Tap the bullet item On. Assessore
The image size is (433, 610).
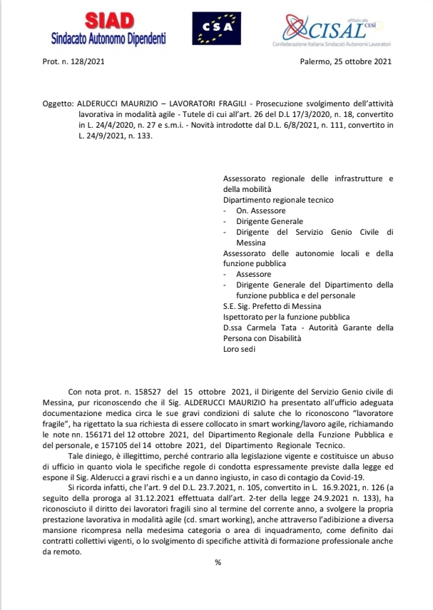tap(261, 211)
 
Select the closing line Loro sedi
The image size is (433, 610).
tap(239, 349)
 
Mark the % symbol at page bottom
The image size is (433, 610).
tap(218, 561)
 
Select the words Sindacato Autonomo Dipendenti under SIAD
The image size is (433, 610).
tap(108, 39)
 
